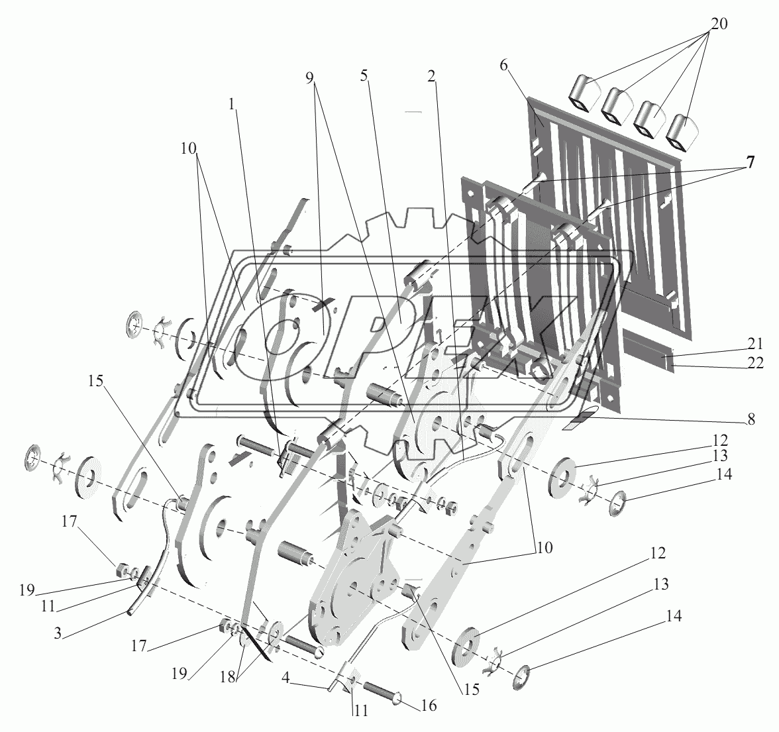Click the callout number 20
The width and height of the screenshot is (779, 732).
pyautogui.click(x=719, y=24)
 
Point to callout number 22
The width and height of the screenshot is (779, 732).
pyautogui.click(x=754, y=363)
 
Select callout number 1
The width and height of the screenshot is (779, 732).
pyautogui.click(x=231, y=104)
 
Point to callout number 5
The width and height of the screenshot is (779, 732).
pyautogui.click(x=363, y=76)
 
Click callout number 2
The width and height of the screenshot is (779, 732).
pyautogui.click(x=431, y=76)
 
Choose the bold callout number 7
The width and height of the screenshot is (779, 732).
pyautogui.click(x=749, y=164)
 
